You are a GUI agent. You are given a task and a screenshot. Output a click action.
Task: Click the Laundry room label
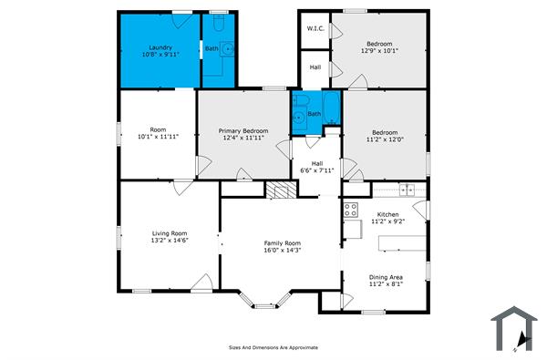(161, 46)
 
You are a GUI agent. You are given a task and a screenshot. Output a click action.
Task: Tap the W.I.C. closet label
(315, 28)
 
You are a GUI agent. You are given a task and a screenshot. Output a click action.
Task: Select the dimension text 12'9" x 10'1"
(379, 52)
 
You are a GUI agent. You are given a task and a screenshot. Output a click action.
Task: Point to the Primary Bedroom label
(243, 131)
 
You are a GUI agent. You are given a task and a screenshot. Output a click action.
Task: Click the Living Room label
(169, 233)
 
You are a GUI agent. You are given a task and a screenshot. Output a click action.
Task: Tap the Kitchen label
(388, 214)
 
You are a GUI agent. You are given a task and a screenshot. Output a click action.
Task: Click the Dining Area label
(386, 277)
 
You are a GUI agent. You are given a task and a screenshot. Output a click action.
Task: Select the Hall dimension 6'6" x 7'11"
(317, 170)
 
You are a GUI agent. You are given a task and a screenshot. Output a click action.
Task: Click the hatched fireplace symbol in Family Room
(279, 190)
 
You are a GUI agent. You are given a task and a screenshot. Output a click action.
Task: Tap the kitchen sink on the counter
(407, 189)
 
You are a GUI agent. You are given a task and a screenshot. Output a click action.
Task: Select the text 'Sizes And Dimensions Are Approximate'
(273, 347)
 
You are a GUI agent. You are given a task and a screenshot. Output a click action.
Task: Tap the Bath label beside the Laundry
(212, 48)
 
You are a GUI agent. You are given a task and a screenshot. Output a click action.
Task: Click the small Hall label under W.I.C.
(315, 67)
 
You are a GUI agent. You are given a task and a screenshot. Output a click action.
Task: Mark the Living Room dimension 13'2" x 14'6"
(169, 242)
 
